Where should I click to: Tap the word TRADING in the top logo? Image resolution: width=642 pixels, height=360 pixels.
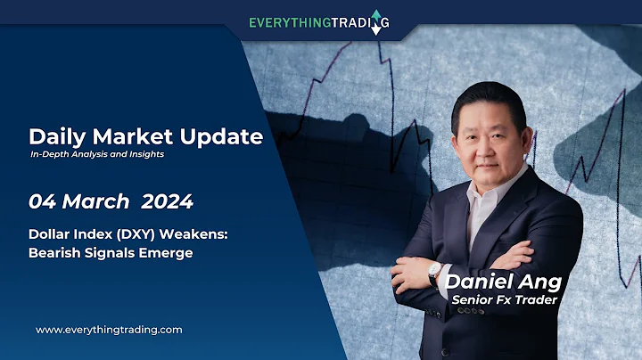pyautogui.click(x=357, y=21)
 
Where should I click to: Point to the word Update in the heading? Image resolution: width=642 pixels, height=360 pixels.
pyautogui.click(x=226, y=137)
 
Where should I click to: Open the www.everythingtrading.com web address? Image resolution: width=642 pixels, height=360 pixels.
pyautogui.click(x=109, y=330)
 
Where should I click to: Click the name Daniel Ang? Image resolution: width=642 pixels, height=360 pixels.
pyautogui.click(x=506, y=282)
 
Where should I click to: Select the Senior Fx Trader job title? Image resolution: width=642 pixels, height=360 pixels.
pyautogui.click(x=506, y=300)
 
